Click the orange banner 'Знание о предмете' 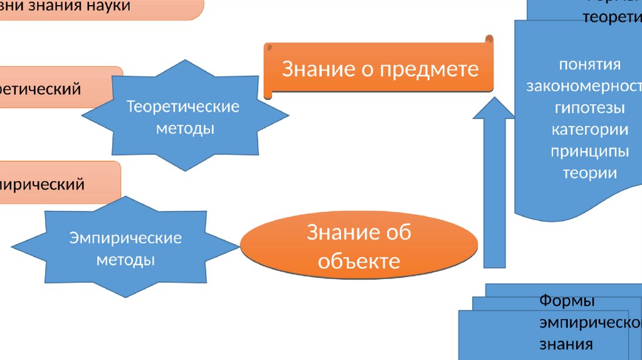[379, 69]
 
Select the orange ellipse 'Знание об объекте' [359, 246]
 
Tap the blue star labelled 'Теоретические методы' [184, 117]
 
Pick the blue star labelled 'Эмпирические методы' [125, 248]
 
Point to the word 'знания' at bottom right [566, 344]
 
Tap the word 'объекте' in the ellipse [359, 260]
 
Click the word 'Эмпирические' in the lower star [125, 238]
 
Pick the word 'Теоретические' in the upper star [184, 107]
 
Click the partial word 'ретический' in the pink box [40, 89]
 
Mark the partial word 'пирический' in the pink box [42, 184]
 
